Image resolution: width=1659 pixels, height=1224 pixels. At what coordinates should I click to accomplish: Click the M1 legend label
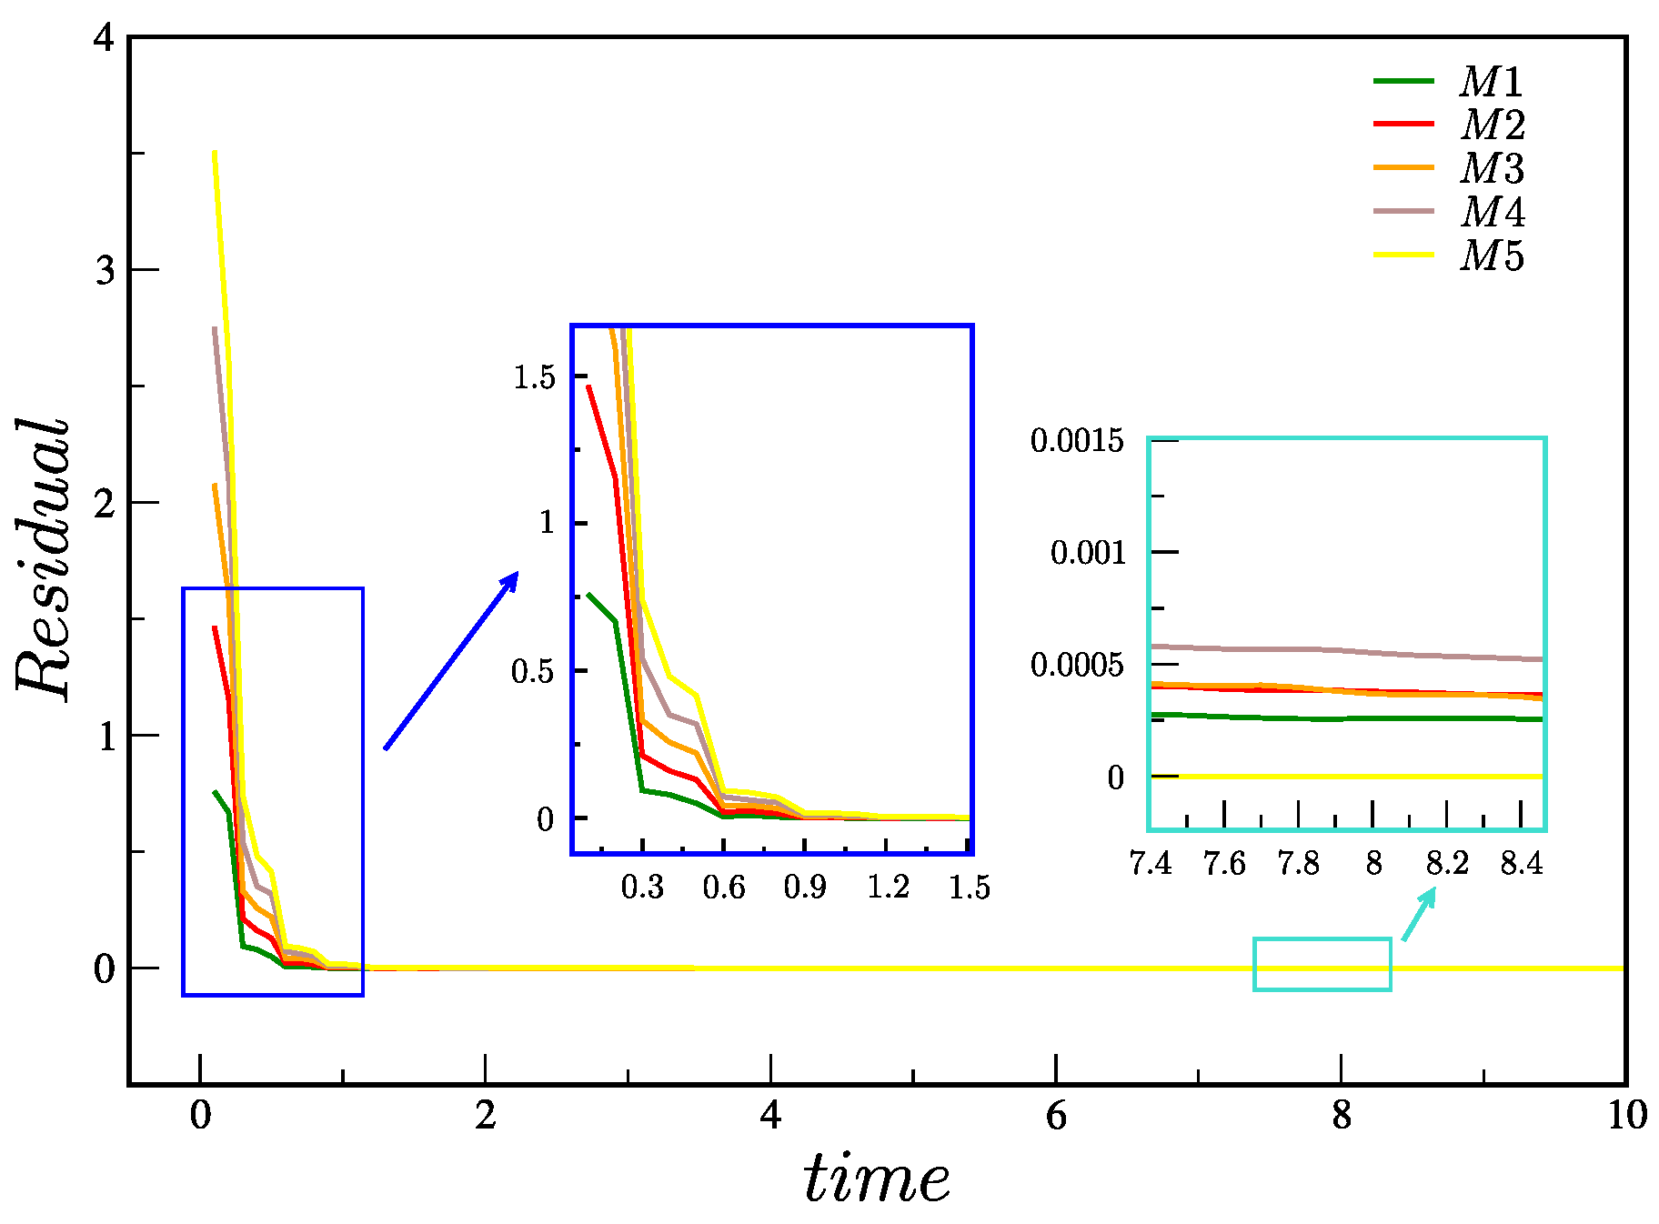click(1492, 82)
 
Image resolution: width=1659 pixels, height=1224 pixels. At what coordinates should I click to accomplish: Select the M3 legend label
click(1492, 168)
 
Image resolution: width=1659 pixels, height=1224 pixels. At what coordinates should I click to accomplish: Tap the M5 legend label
click(1492, 256)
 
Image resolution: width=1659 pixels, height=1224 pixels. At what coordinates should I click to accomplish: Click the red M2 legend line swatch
click(1403, 124)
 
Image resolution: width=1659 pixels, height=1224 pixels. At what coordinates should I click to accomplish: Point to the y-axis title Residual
click(42, 560)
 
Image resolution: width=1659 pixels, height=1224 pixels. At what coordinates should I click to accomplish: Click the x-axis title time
click(876, 1179)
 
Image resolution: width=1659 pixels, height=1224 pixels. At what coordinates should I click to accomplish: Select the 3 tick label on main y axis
click(106, 270)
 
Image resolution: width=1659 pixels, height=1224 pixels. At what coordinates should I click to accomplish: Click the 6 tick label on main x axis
click(1056, 1115)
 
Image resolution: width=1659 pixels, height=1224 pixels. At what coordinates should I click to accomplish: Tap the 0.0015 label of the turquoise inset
click(1077, 441)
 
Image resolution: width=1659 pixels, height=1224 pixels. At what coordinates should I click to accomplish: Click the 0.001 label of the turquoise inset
click(1088, 552)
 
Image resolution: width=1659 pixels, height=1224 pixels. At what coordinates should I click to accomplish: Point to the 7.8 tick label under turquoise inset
click(1298, 862)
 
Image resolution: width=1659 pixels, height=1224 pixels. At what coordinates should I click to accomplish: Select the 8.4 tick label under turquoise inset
click(1522, 862)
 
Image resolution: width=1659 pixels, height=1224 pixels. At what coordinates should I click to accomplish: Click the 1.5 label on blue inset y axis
click(534, 376)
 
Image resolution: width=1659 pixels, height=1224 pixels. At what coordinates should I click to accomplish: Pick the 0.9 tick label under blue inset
click(805, 887)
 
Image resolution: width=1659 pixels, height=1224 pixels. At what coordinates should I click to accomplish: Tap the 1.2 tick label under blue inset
click(888, 887)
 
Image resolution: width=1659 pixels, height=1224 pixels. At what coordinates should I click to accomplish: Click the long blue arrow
click(451, 660)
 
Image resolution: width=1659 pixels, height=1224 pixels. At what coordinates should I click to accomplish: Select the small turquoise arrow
click(1418, 914)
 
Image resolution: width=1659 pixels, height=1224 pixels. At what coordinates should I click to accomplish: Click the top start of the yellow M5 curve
click(215, 155)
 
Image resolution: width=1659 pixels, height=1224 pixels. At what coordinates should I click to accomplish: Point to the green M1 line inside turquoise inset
click(1346, 718)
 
